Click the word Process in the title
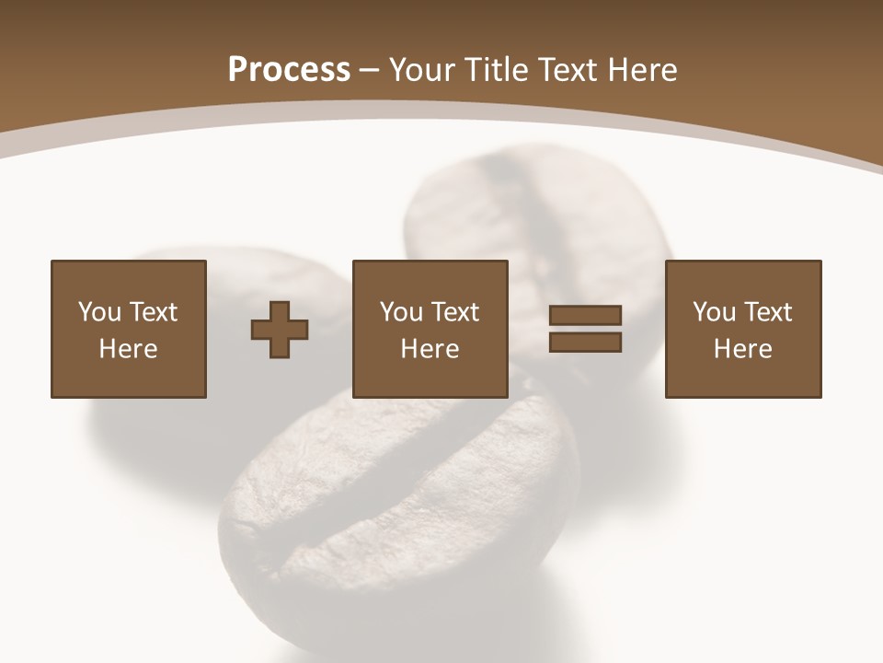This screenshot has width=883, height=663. pyautogui.click(x=289, y=70)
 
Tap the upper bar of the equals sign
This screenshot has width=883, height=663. pyautogui.click(x=586, y=315)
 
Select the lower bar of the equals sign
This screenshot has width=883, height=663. pyautogui.click(x=586, y=342)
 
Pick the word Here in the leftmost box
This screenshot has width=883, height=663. pyautogui.click(x=129, y=349)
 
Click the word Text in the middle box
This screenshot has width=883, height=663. pyautogui.click(x=454, y=312)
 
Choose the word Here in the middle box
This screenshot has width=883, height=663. pyautogui.click(x=430, y=349)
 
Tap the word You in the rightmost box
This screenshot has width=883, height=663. pyautogui.click(x=714, y=312)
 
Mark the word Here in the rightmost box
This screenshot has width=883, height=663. pyautogui.click(x=743, y=349)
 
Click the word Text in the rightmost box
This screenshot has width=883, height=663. pyautogui.click(x=767, y=312)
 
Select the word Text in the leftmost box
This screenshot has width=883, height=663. pyautogui.click(x=153, y=312)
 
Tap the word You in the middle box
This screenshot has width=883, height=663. pyautogui.click(x=401, y=312)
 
